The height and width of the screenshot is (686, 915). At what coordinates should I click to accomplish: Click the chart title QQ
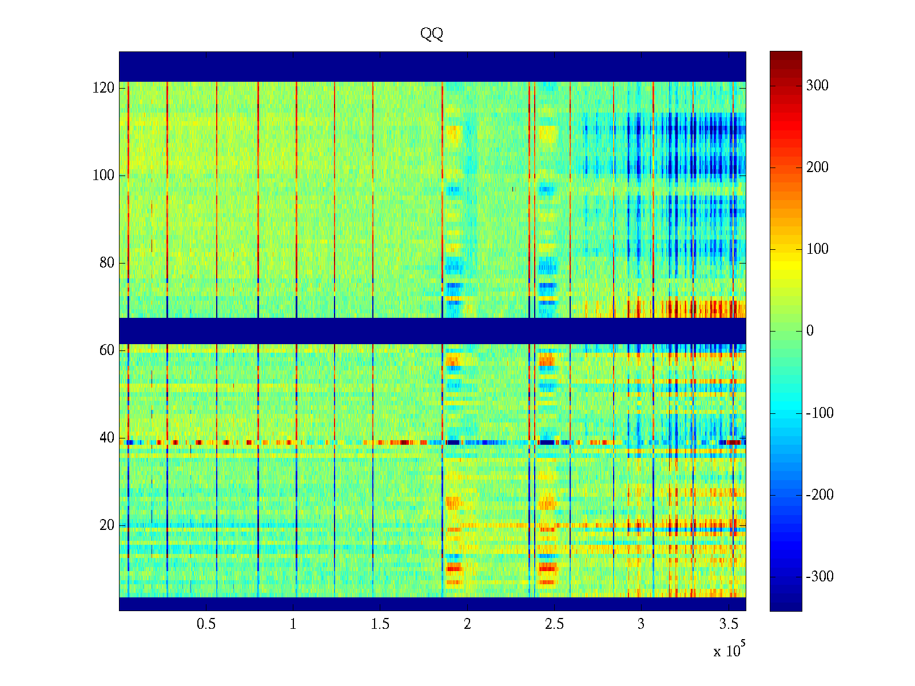[432, 34]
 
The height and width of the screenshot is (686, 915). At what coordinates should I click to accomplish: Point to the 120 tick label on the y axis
[104, 88]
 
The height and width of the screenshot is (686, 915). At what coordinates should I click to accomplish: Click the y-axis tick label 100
[104, 176]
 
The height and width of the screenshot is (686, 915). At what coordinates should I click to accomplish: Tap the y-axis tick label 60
[107, 350]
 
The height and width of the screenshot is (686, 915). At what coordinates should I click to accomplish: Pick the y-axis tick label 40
[107, 438]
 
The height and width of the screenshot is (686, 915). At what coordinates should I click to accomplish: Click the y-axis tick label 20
[107, 525]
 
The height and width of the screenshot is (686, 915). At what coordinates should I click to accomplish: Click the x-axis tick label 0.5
[206, 624]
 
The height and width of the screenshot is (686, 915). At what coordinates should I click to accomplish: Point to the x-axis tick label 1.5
[380, 624]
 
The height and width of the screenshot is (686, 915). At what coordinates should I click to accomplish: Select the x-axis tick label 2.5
[554, 624]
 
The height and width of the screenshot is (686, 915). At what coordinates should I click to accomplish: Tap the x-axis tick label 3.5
[729, 624]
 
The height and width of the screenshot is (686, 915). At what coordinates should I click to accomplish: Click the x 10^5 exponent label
[729, 650]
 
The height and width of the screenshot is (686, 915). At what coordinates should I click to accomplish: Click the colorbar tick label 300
[817, 86]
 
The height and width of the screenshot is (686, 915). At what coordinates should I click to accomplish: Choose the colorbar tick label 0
[810, 331]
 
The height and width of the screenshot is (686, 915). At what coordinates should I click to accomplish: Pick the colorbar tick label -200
[819, 495]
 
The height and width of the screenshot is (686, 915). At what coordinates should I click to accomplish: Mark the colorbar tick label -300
[819, 577]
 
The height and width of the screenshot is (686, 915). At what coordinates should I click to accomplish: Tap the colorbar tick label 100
[817, 249]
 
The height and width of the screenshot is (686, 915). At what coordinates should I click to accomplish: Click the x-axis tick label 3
[641, 624]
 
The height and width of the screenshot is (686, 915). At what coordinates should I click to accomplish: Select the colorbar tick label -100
[819, 413]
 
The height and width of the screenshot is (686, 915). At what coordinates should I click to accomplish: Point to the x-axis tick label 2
[467, 624]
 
